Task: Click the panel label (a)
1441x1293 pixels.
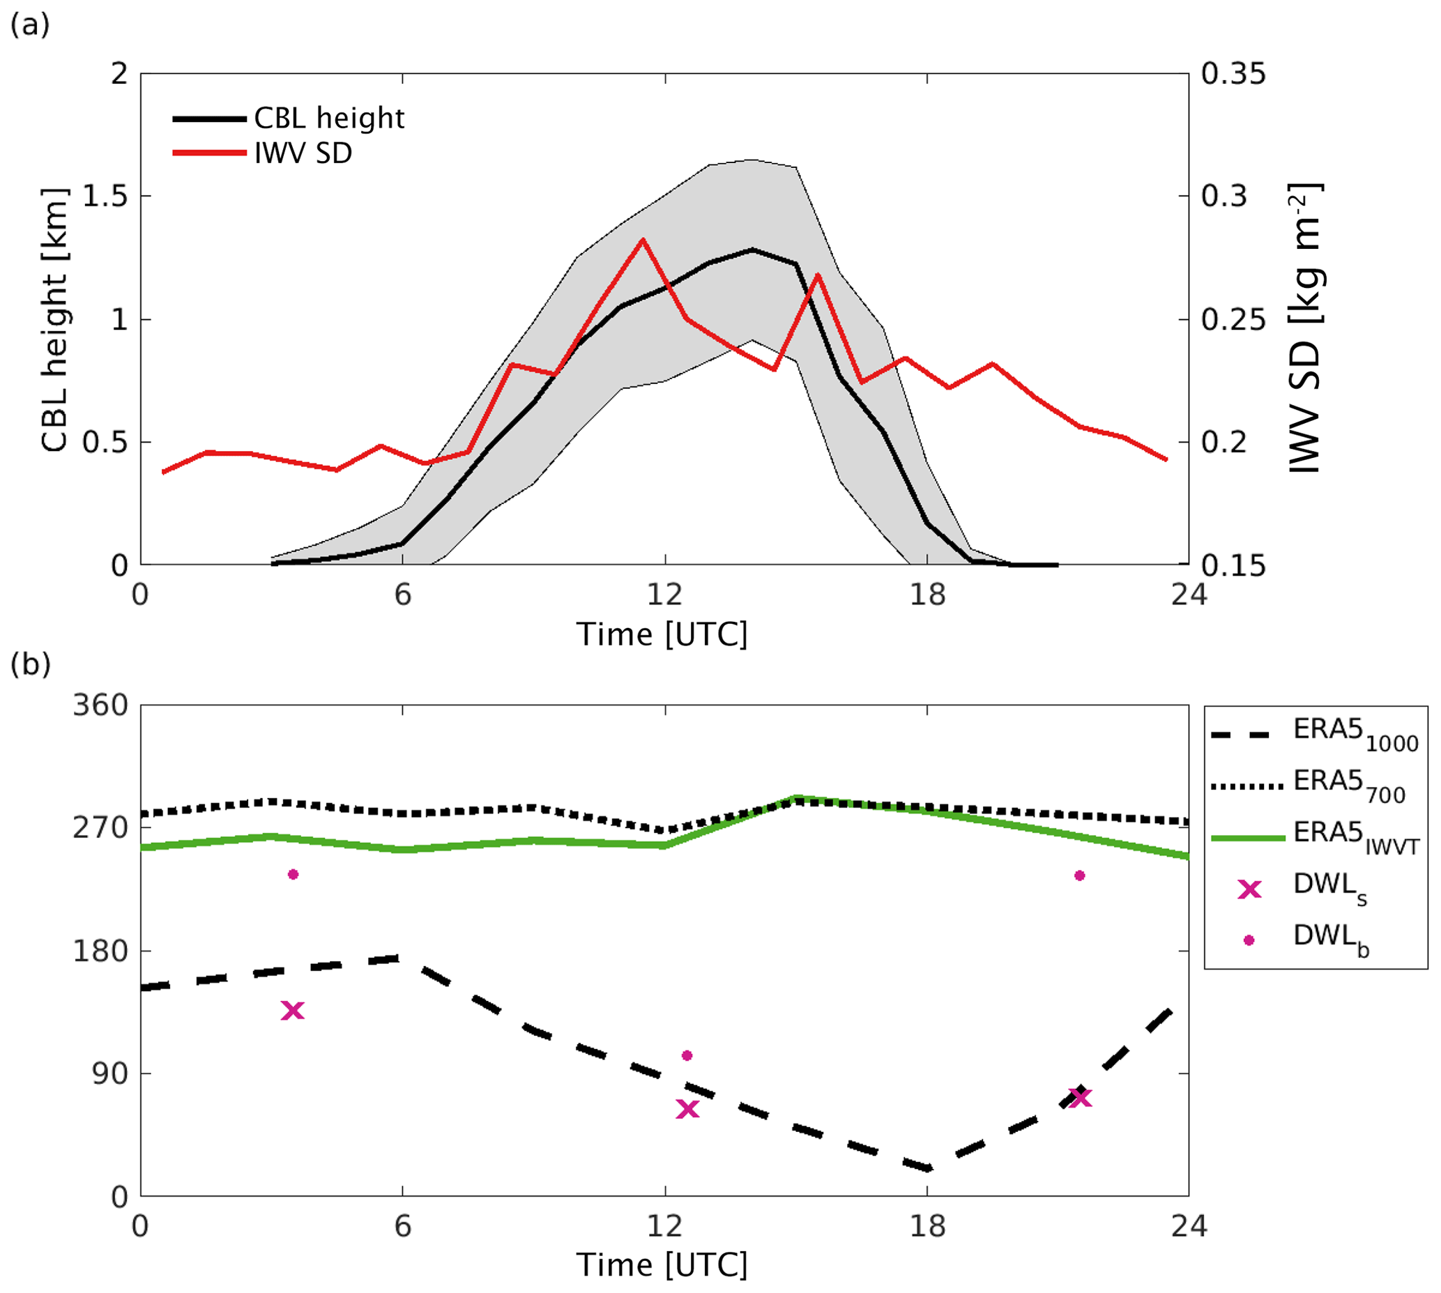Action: point(29,26)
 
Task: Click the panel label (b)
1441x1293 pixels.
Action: point(30,664)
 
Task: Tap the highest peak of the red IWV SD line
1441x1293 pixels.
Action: point(642,239)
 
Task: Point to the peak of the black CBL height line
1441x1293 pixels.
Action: point(752,250)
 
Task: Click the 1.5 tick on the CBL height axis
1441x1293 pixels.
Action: point(105,196)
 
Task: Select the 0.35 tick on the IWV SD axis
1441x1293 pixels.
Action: point(1233,74)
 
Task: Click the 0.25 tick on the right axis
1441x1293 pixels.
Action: point(1233,320)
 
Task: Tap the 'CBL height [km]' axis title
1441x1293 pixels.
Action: point(54,320)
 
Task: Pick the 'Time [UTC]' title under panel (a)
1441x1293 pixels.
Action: point(662,634)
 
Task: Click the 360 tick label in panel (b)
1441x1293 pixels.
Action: point(100,705)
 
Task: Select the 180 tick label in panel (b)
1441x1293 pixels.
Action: point(100,951)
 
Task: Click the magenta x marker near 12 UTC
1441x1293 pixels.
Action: point(687,1109)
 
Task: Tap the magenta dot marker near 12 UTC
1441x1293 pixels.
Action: point(687,1056)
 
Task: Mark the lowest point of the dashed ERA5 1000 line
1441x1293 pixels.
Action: point(927,1168)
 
